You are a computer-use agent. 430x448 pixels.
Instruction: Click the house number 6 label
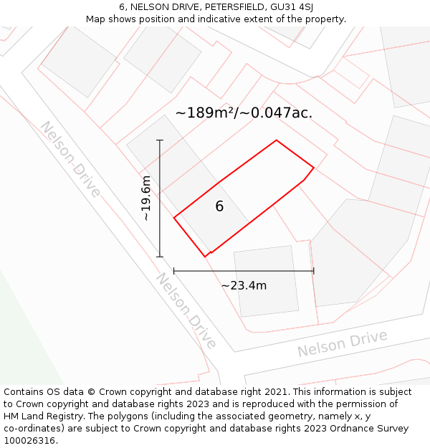(x=219, y=206)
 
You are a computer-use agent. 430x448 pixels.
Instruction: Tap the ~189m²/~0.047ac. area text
(x=244, y=113)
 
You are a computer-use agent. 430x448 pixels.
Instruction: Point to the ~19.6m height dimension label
(x=146, y=198)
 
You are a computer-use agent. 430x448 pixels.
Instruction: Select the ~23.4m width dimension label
(x=244, y=285)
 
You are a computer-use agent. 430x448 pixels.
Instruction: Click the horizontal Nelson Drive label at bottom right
(x=342, y=344)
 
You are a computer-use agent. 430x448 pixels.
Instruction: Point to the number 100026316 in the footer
(x=29, y=441)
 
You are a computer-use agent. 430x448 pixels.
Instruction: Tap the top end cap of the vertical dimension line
(x=160, y=140)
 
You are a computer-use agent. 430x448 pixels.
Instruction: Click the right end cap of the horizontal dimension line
(x=314, y=271)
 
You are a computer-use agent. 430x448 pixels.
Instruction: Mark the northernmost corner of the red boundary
(x=277, y=140)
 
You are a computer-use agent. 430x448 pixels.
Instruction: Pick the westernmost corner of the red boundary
(x=174, y=217)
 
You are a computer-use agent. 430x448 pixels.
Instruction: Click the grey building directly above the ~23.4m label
(x=266, y=280)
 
